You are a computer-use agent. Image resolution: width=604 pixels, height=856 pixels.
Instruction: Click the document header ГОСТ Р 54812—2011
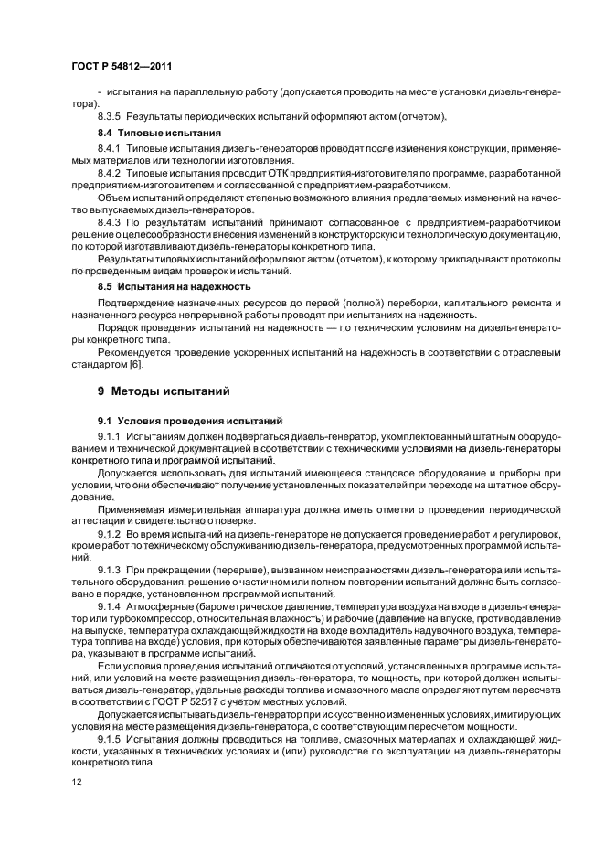[121, 66]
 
